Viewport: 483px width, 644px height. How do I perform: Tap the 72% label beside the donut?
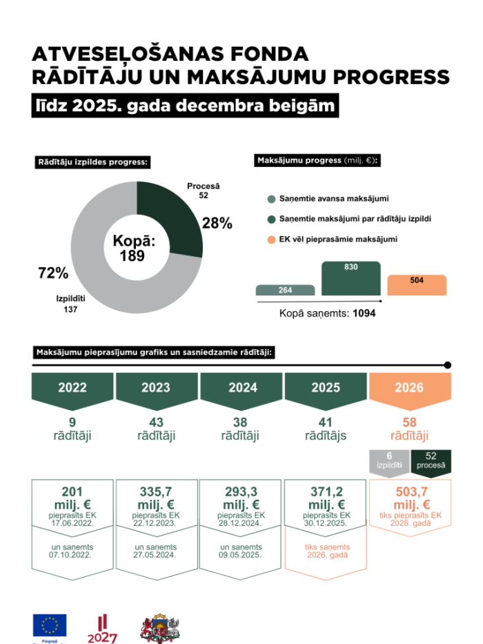pyautogui.click(x=53, y=273)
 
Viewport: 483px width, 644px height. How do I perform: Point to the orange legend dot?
pyautogui.click(x=271, y=240)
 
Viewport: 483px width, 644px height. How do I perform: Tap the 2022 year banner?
pyautogui.click(x=72, y=388)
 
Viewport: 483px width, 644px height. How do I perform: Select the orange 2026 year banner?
pyautogui.click(x=409, y=388)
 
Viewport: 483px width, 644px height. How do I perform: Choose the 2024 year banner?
pyautogui.click(x=241, y=388)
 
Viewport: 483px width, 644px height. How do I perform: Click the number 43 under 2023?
pyautogui.click(x=156, y=422)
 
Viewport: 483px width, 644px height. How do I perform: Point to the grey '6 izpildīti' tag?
pyautogui.click(x=389, y=461)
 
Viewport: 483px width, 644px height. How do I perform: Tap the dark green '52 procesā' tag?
pyautogui.click(x=431, y=461)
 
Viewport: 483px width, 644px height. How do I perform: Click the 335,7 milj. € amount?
pyautogui.click(x=156, y=498)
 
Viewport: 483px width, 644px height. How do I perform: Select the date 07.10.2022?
pyautogui.click(x=72, y=554)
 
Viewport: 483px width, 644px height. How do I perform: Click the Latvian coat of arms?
pyautogui.click(x=159, y=628)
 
